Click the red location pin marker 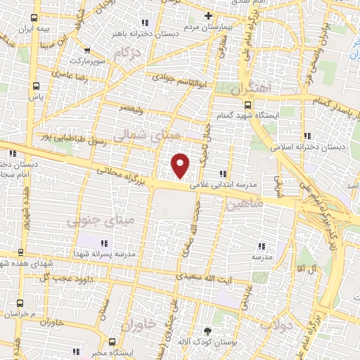tap(181, 165)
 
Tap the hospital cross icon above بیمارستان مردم tap(207, 15)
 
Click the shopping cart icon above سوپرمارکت tap(87, 51)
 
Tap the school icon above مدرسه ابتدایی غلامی tap(224, 174)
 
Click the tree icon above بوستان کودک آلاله tap(207, 331)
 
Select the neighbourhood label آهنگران tap(258, 89)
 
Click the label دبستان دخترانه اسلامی tap(314, 148)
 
